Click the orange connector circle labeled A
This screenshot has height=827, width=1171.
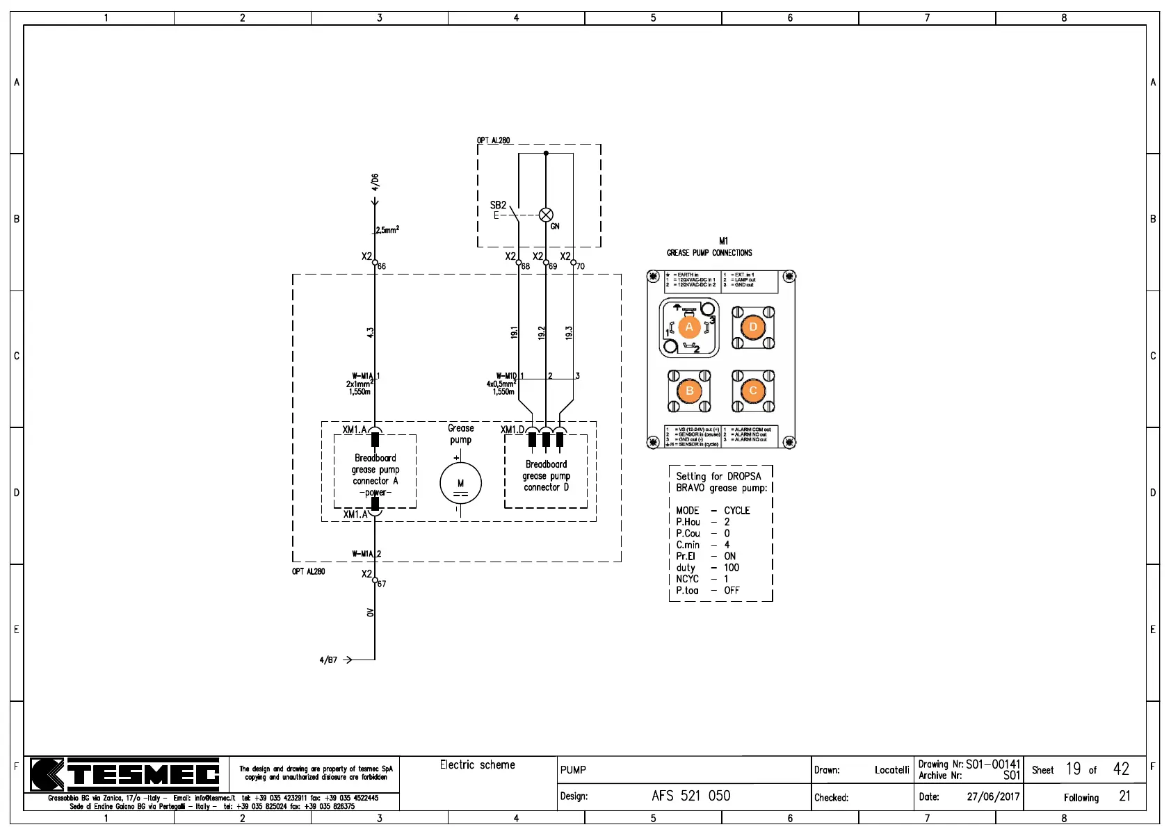[689, 327]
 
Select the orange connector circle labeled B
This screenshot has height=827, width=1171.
[689, 391]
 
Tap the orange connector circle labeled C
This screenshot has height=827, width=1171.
[753, 391]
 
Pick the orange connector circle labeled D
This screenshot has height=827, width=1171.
[753, 327]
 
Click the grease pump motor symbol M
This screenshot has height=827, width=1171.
[460, 483]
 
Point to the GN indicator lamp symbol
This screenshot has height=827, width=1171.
[547, 215]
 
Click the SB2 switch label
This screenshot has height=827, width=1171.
[498, 205]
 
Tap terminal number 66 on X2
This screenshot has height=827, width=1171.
[381, 266]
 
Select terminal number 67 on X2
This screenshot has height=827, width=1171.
[381, 584]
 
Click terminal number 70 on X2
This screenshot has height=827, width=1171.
[580, 266]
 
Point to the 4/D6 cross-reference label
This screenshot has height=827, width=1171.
[375, 182]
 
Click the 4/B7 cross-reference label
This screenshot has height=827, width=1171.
[328, 660]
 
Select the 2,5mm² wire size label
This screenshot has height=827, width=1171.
[387, 230]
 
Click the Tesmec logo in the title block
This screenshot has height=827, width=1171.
[125, 774]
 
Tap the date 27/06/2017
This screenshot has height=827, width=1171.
[992, 796]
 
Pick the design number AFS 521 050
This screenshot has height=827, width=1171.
[691, 796]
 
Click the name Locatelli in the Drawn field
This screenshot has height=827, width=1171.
[891, 770]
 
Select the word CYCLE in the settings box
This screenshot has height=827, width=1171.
[736, 510]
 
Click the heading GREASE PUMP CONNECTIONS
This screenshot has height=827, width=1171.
[709, 253]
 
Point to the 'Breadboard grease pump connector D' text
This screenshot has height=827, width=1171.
[546, 475]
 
